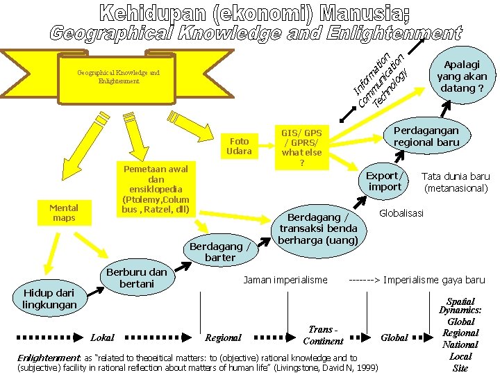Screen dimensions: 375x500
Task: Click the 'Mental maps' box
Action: tap(64, 213)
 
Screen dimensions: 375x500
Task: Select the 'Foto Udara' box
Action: tap(240, 146)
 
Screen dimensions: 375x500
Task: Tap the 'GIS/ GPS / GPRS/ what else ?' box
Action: tap(301, 147)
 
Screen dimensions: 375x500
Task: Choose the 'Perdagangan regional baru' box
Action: tap(426, 136)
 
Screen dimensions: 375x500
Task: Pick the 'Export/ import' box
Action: tap(385, 181)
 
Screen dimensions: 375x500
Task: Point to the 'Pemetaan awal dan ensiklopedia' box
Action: tap(156, 189)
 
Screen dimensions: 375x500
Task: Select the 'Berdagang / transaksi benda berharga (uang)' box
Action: tap(318, 228)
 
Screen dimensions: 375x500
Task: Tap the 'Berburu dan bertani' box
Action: tap(137, 278)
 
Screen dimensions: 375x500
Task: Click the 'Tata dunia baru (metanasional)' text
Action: tap(456, 182)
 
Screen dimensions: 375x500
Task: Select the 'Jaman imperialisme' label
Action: tap(285, 280)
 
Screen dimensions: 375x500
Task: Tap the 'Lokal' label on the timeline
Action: tap(102, 337)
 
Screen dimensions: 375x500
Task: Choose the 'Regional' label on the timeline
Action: tap(223, 337)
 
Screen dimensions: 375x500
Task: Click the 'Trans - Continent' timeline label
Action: tap(323, 335)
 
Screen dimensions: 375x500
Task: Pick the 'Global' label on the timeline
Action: tap(394, 337)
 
